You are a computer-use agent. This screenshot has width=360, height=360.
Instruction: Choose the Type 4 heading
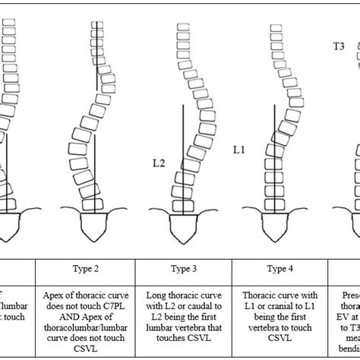277,269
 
